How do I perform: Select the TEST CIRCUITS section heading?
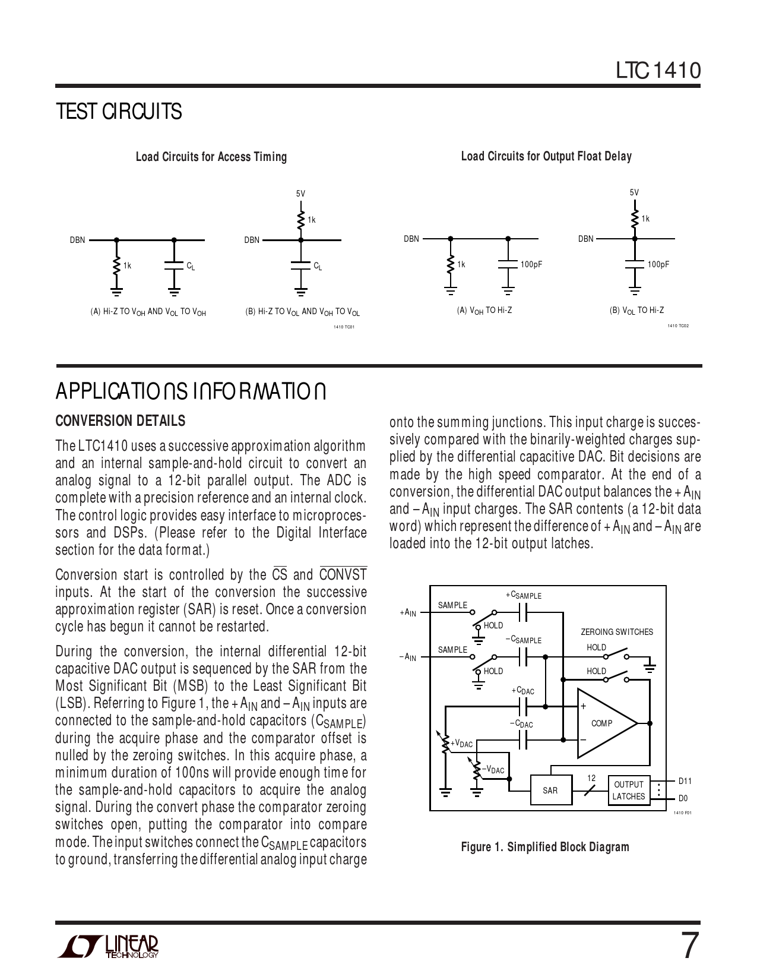(118, 112)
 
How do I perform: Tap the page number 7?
(687, 946)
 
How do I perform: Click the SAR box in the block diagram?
(550, 791)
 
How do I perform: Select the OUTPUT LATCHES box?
(629, 791)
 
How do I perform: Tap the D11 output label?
(685, 781)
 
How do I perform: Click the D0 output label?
(683, 798)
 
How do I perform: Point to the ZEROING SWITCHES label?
(616, 632)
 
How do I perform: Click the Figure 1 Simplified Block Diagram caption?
(545, 847)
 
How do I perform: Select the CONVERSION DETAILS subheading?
(120, 421)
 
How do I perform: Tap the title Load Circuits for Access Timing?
(211, 157)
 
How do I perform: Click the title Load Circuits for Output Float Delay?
(546, 156)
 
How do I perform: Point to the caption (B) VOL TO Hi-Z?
(636, 311)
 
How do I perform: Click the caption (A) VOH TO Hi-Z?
(484, 311)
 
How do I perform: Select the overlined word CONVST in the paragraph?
(343, 575)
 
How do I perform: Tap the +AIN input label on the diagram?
(408, 612)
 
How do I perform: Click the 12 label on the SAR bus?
(591, 778)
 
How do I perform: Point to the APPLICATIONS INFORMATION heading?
(190, 393)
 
